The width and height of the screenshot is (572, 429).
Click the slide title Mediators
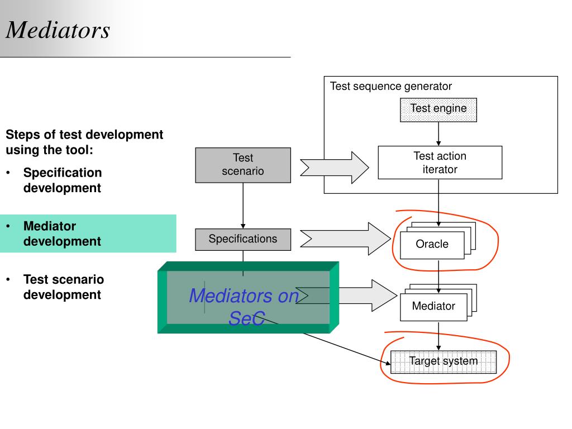pos(58,30)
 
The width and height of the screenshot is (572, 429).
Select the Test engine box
pos(438,110)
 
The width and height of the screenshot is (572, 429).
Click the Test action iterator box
pos(440,163)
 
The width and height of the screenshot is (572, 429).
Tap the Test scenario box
pos(243,165)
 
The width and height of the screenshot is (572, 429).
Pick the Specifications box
pos(243,239)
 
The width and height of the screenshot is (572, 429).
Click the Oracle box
pos(432,245)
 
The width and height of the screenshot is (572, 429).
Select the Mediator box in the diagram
pos(433,307)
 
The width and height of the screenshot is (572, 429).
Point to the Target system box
pos(443,362)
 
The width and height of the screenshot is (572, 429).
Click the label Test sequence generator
pos(390,87)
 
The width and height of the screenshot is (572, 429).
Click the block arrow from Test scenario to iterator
pos(334,168)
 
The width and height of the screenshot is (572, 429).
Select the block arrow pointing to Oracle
pos(345,239)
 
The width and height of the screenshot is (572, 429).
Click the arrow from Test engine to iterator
pos(438,134)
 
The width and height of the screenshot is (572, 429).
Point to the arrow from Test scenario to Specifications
pos(243,206)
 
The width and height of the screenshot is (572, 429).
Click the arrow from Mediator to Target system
pos(438,336)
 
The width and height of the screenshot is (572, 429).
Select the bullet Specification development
pos(63,180)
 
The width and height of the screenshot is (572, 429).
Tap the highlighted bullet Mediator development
pos(62,233)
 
